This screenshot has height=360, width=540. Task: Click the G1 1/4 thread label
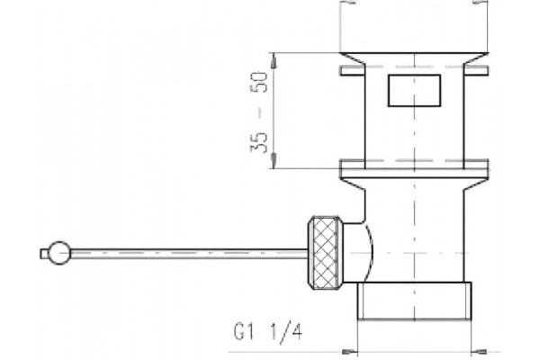click(268, 332)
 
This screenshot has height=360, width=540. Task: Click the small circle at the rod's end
click(59, 253)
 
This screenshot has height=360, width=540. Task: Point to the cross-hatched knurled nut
click(325, 253)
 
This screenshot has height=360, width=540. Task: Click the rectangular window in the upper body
click(414, 90)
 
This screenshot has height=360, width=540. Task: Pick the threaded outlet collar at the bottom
click(414, 301)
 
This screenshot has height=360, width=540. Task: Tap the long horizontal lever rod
click(189, 253)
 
